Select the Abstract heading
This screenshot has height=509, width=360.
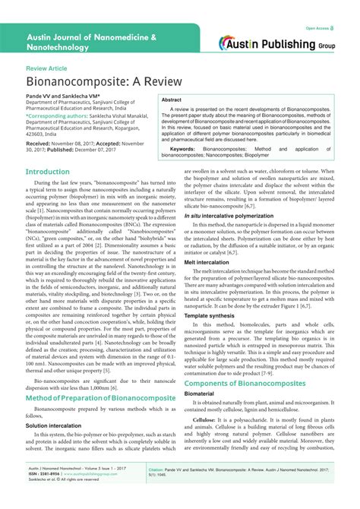click(172, 100)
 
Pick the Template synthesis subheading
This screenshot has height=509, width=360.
click(209, 336)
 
